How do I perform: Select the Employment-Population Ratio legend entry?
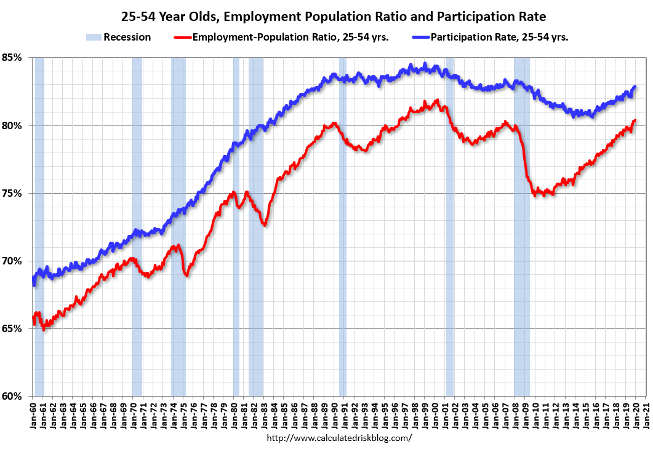point(290,37)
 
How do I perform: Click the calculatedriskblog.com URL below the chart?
point(339,438)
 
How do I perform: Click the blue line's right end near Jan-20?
point(635,87)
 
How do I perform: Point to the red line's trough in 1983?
point(264,225)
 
